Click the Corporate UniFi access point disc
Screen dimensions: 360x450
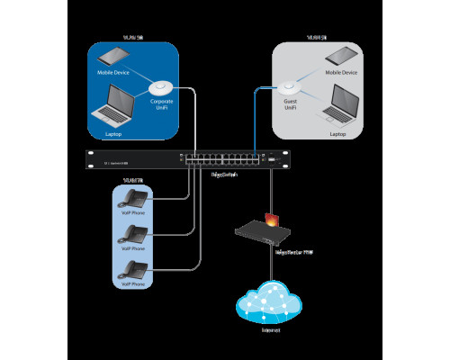pos(161,87)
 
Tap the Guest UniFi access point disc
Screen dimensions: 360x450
pos(290,87)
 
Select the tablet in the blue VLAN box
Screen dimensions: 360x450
pos(116,57)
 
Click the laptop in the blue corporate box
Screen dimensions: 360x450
pos(114,104)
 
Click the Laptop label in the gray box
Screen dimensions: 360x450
pos(337,133)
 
